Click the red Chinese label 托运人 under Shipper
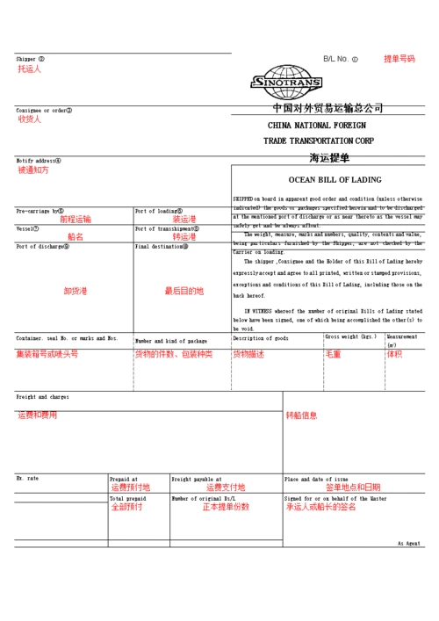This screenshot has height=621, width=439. [30, 69]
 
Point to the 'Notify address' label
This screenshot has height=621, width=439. [39, 161]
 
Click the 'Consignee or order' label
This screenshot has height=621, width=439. [44, 111]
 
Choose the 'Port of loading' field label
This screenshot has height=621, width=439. [158, 211]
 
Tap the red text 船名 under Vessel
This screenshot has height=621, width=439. [76, 237]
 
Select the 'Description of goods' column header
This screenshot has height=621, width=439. [260, 337]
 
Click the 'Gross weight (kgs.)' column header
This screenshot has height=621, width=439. [350, 336]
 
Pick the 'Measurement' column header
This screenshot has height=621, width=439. [402, 337]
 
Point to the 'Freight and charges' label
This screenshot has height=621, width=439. [42, 397]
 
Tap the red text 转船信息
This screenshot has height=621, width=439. [301, 415]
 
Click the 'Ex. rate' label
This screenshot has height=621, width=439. [27, 478]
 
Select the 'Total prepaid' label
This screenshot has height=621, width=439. [127, 498]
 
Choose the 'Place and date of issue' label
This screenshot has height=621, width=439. [316, 480]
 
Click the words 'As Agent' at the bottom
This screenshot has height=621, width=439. [408, 544]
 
